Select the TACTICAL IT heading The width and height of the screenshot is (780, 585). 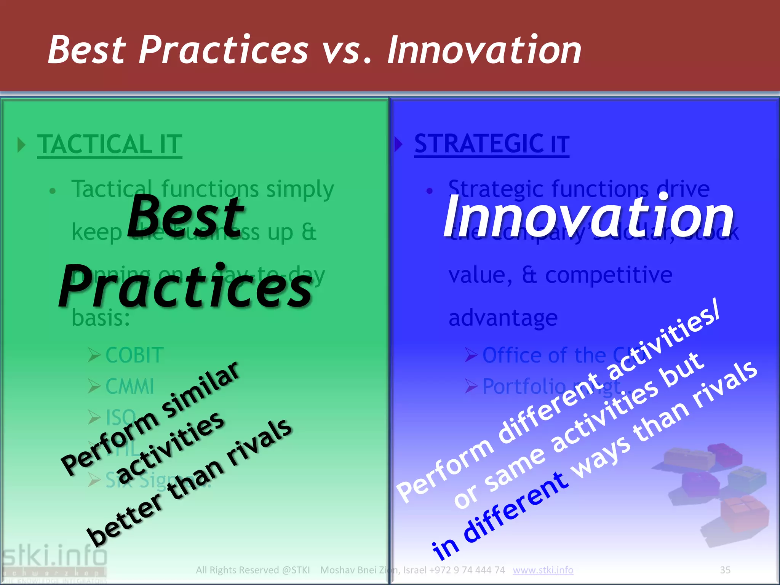(x=110, y=144)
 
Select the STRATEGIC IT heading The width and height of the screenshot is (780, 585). (x=491, y=144)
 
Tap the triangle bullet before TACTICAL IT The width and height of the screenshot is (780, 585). (x=22, y=145)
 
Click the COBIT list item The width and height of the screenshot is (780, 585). (x=134, y=355)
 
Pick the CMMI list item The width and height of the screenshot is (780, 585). (x=130, y=386)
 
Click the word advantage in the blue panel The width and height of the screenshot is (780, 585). (x=503, y=318)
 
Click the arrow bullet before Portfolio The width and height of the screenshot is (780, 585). (x=471, y=386)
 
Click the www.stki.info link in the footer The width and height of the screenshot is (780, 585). (x=543, y=570)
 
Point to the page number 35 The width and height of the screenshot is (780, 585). (x=725, y=570)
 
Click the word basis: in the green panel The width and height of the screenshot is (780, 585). (x=101, y=318)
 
